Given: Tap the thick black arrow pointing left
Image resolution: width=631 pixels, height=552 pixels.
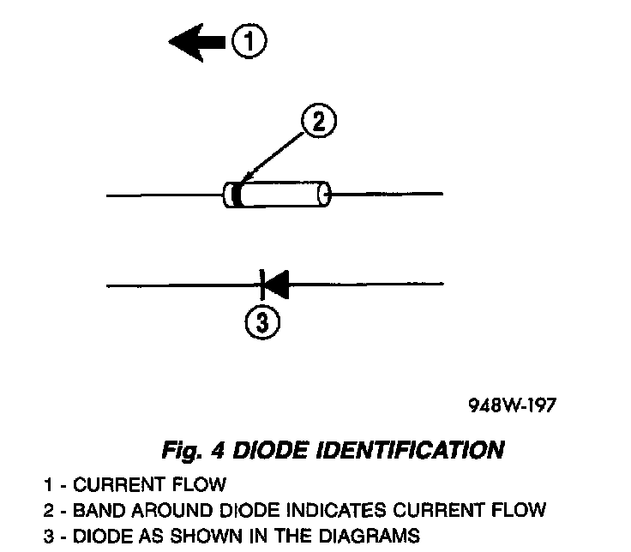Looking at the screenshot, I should point(198,42).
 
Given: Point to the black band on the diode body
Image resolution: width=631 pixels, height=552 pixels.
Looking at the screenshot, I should point(232,195).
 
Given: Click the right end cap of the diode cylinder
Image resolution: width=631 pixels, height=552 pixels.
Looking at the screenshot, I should point(323,195).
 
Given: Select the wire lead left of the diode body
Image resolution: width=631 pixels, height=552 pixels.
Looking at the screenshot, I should point(163,196).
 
